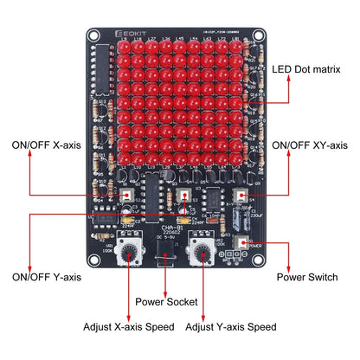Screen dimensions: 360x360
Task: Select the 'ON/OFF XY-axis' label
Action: (x=309, y=145)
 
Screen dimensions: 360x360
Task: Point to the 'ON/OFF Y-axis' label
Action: (x=46, y=277)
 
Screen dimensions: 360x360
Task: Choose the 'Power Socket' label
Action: (x=166, y=301)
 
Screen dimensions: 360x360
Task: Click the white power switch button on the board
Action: (x=242, y=246)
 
